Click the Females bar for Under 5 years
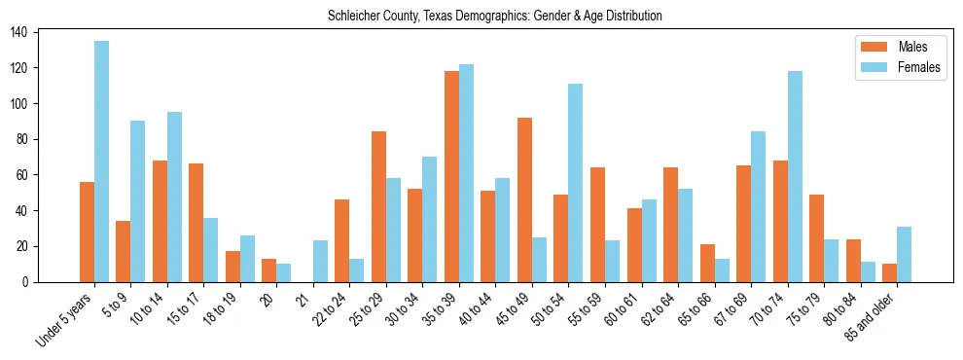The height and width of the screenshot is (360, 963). pos(102,162)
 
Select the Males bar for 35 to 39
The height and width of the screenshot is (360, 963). pos(452,176)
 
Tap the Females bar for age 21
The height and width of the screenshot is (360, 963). pos(321,262)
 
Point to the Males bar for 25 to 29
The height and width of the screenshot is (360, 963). pos(379,207)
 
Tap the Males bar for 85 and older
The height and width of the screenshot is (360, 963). pos(890,273)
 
